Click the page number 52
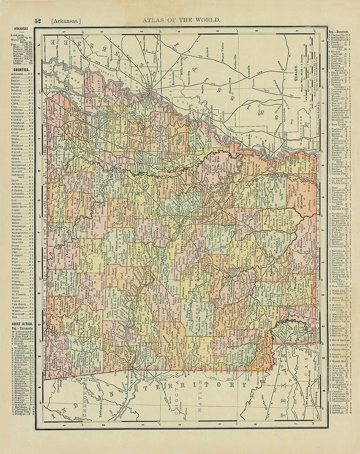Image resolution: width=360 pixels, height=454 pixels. pos(38,20)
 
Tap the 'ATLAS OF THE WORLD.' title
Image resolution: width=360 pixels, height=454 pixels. pos(181,20)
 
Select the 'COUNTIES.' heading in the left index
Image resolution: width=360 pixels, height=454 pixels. pos(22,70)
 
